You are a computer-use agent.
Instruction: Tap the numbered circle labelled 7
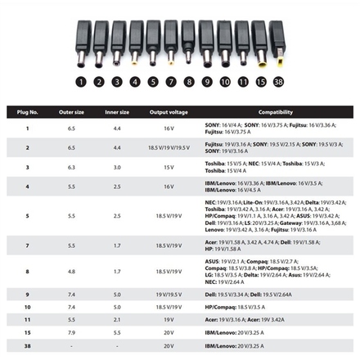[x=170, y=82]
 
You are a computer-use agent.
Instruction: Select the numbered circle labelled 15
[x=260, y=82]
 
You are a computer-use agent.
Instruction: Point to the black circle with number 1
[x=81, y=82]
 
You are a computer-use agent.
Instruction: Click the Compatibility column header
[x=276, y=112]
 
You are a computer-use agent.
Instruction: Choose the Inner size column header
[x=117, y=112]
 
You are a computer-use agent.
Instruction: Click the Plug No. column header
[x=29, y=112]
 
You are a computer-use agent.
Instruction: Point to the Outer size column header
[x=72, y=112]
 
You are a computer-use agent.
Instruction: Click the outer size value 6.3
[x=72, y=167]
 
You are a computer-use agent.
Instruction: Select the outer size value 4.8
[x=72, y=271]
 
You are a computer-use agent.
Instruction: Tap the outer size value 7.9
[x=72, y=333]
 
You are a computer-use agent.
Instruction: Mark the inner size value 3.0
[x=117, y=167]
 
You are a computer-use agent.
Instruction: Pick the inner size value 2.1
[x=117, y=320]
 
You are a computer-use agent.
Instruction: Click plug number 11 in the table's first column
[x=28, y=320]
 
